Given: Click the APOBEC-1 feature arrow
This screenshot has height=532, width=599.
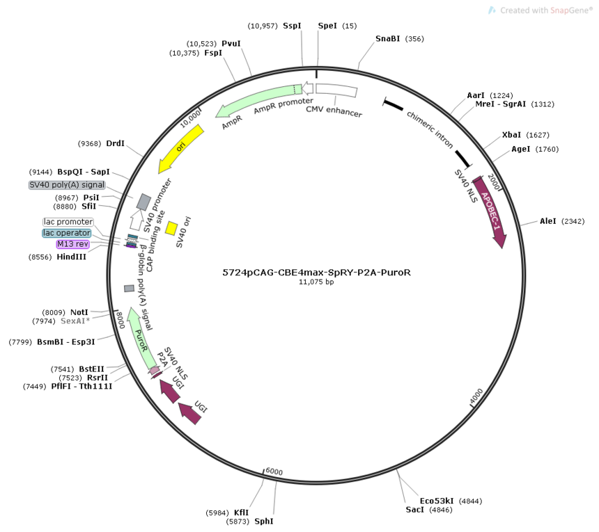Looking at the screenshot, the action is click(491, 211).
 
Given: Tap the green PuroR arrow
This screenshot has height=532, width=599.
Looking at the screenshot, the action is click(141, 338).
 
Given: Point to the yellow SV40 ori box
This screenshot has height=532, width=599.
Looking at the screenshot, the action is click(171, 228).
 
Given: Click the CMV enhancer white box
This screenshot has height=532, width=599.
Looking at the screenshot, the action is click(336, 89).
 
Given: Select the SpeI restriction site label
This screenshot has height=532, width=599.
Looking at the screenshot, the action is click(327, 26).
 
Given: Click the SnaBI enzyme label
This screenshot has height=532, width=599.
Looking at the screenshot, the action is click(387, 38).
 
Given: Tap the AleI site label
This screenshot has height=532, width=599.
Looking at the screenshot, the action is click(548, 221).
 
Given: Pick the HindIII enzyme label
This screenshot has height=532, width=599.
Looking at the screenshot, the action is click(72, 257).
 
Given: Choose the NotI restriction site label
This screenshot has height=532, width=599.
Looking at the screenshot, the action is click(79, 312).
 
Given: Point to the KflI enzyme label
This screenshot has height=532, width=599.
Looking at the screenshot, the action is click(242, 513).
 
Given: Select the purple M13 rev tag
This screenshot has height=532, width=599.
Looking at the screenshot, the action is click(72, 244).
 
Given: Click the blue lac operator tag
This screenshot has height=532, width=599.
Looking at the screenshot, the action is click(66, 233).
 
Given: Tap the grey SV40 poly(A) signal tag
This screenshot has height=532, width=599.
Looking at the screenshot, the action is click(67, 185).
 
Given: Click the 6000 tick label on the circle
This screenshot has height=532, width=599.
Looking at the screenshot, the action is click(274, 471).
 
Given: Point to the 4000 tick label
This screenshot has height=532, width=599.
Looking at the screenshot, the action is click(476, 396).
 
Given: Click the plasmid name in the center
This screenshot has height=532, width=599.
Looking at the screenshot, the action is click(317, 273).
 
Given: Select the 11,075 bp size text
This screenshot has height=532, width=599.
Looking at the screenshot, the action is click(316, 282).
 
